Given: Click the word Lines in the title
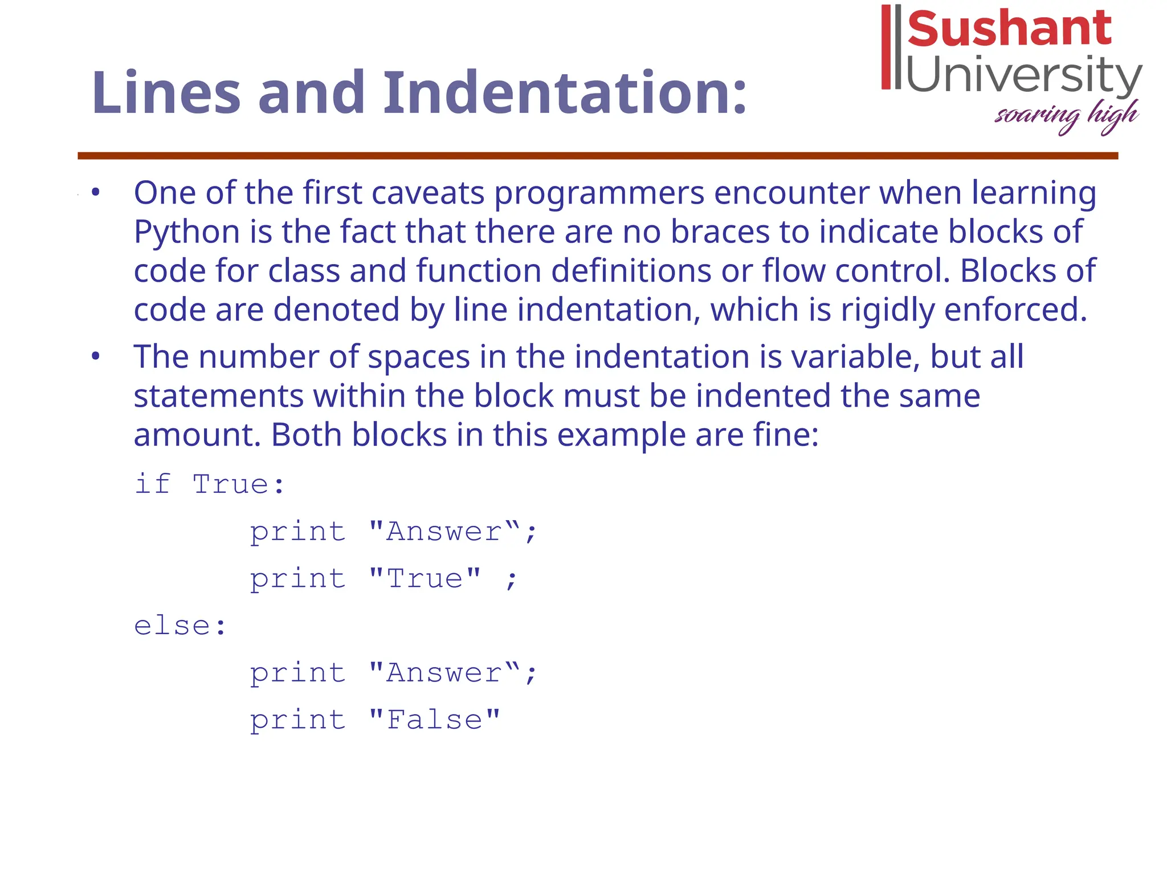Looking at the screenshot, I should point(166,92).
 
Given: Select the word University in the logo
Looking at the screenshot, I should point(1023,74).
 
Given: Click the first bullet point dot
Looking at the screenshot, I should point(96,193).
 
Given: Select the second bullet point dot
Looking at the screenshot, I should point(96,357).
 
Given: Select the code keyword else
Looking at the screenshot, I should point(172,626).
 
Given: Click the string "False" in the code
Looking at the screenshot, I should point(434,720).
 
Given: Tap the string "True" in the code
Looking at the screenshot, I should point(425,579).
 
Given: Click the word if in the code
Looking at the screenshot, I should point(153,484).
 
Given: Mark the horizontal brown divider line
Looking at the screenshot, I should point(598,156).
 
